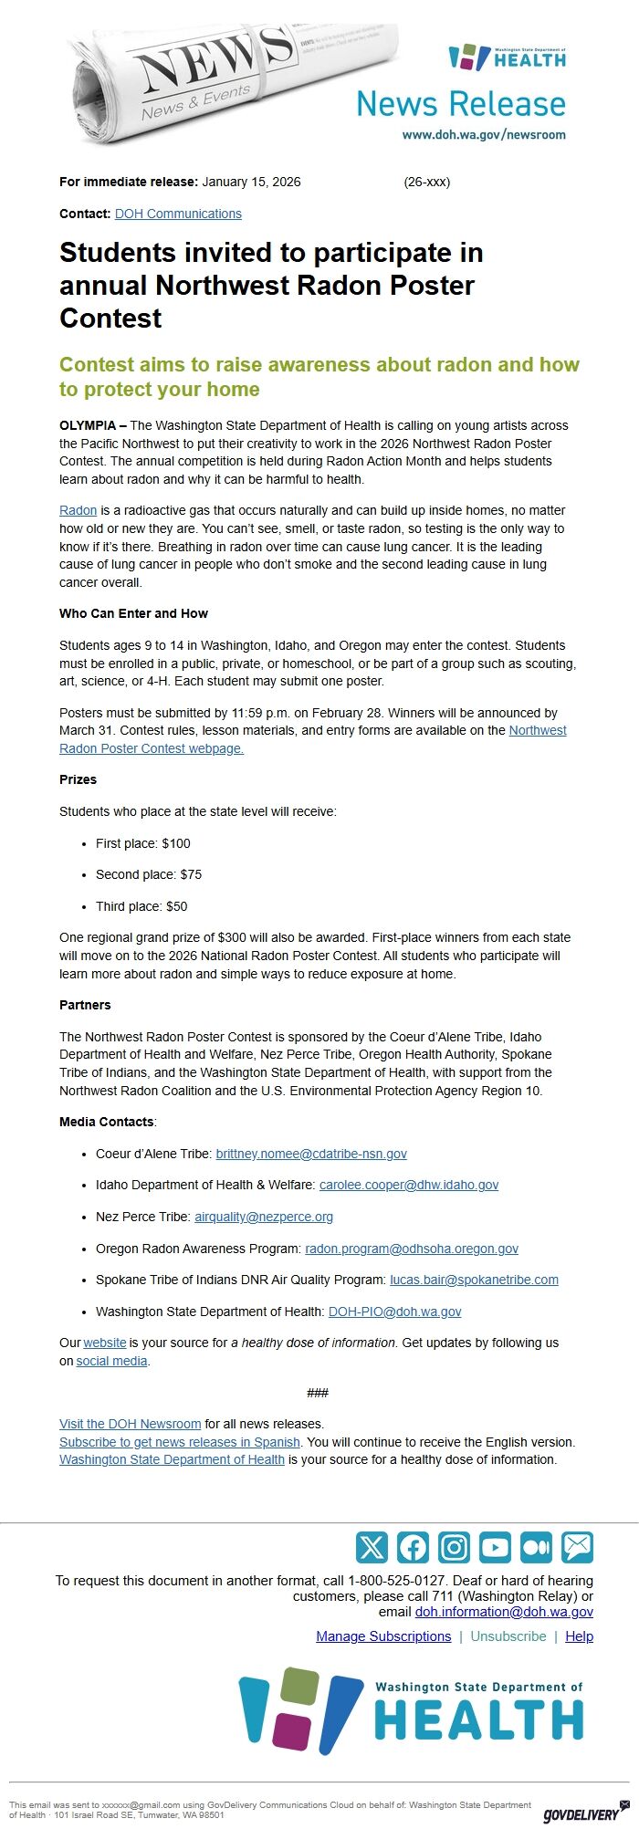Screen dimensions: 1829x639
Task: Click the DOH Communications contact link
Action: coord(178,214)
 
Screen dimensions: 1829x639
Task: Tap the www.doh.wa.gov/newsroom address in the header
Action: coord(484,134)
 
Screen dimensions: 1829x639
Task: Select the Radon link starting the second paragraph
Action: coord(78,510)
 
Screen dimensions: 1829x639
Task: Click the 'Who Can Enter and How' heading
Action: coord(133,613)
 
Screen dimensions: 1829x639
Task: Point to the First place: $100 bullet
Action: coord(142,843)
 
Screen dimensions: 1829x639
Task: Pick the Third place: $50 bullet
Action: coord(141,906)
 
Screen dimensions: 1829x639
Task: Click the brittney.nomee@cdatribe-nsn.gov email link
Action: coord(311,1154)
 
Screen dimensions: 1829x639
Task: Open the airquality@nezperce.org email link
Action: coord(264,1217)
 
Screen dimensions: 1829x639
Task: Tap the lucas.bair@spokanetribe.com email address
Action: coord(474,1280)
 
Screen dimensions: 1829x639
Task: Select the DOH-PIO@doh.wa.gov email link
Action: coord(394,1312)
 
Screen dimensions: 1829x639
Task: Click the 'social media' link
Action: coord(111,1361)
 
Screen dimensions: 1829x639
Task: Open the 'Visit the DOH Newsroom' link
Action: coord(130,1424)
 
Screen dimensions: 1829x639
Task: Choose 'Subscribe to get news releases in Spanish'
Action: coord(180,1442)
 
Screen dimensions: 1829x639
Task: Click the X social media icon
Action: coord(372,1548)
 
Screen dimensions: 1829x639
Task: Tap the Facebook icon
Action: coord(413,1548)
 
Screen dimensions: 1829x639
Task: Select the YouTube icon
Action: coord(495,1548)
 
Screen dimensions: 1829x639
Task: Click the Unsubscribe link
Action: coord(508,1636)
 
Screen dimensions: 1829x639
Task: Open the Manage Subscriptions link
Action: coord(383,1636)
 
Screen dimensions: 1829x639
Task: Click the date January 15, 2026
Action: coord(251,182)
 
